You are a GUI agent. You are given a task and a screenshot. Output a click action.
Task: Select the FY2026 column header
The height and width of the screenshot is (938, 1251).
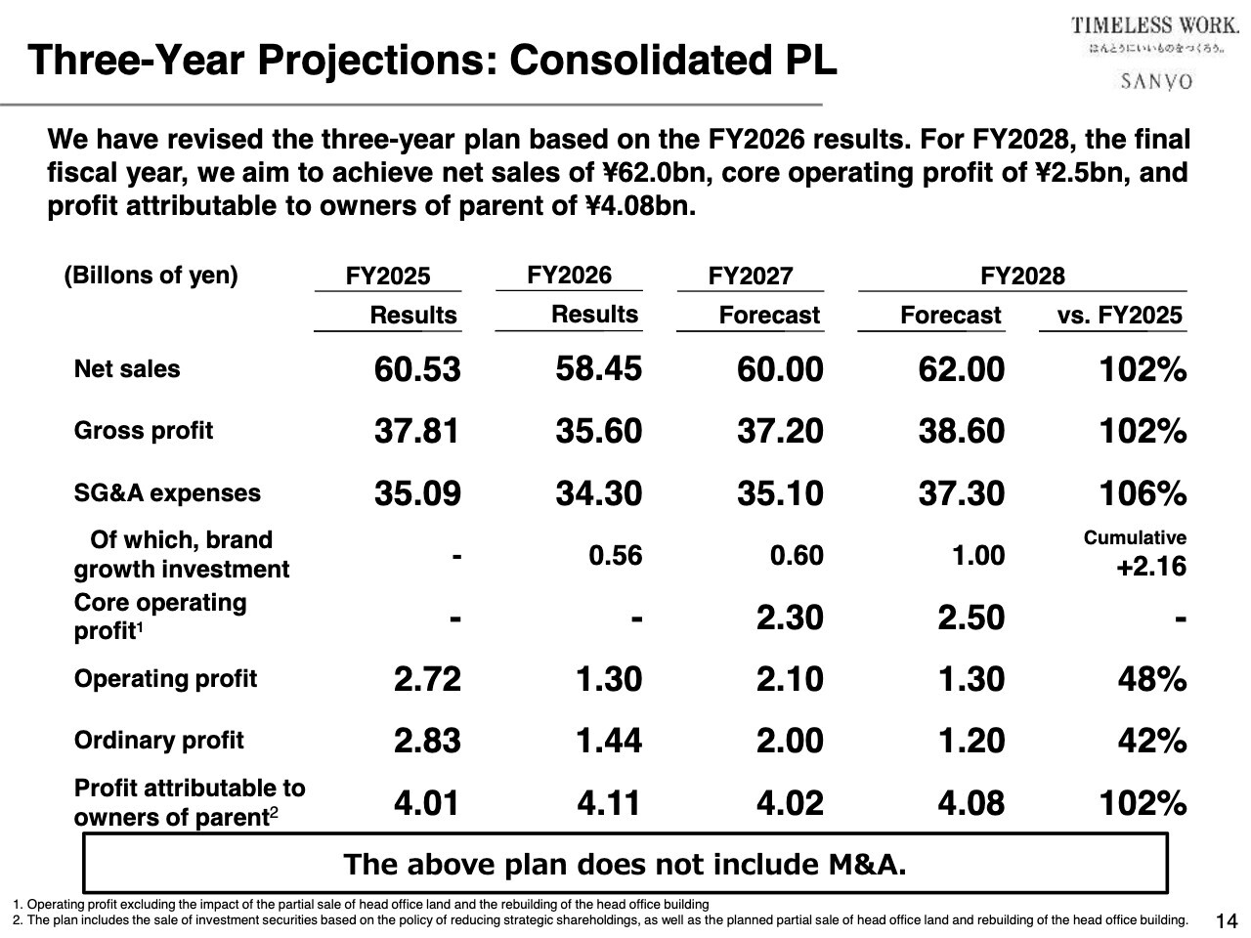click(569, 276)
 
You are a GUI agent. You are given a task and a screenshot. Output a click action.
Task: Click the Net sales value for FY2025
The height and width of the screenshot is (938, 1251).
click(417, 369)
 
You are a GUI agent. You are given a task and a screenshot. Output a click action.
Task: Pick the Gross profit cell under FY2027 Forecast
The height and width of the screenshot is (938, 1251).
click(780, 431)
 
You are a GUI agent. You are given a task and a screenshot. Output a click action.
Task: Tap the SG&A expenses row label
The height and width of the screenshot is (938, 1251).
click(167, 492)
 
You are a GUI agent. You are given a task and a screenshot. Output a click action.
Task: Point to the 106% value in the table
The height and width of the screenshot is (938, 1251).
click(1143, 493)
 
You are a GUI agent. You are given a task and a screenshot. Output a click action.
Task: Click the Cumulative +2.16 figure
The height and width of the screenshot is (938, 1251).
click(1150, 567)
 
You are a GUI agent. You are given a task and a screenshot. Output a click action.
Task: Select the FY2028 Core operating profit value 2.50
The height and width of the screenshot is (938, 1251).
click(971, 618)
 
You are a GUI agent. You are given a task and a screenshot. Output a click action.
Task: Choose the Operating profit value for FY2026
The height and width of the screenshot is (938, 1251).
click(608, 679)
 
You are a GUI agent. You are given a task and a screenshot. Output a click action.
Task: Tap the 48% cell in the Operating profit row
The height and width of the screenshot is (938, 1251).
click(1152, 679)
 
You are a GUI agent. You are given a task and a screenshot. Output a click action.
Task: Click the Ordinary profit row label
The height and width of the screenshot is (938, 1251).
click(158, 740)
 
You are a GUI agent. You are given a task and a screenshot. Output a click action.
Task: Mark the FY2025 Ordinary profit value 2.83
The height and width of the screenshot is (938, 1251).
click(427, 741)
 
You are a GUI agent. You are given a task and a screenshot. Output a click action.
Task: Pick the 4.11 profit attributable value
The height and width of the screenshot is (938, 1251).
click(609, 803)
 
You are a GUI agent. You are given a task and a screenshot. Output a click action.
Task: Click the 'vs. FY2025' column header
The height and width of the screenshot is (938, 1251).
click(1119, 316)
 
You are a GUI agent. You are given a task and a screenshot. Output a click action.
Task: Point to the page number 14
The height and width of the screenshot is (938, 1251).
click(1226, 920)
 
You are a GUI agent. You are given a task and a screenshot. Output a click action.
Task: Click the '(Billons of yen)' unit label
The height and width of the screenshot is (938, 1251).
click(151, 276)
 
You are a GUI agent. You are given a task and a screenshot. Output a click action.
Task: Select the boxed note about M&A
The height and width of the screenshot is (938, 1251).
click(625, 864)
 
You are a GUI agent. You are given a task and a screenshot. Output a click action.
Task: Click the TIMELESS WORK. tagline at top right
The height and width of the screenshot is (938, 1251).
click(1154, 25)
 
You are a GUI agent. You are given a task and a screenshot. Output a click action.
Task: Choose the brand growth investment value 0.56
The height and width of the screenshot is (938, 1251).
click(615, 556)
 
